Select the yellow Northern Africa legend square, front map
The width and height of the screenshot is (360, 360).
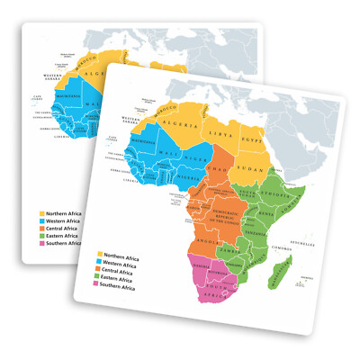pos(100,255)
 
